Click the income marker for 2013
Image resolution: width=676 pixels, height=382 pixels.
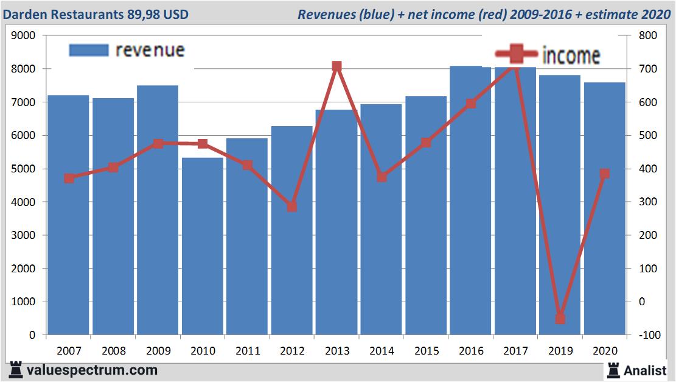coord(336,66)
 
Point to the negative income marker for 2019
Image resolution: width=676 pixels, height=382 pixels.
coord(560,319)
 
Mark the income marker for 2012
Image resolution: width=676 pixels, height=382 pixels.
coord(292,207)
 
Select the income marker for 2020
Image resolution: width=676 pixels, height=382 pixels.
coord(604,174)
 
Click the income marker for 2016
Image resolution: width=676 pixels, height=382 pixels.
coord(470,104)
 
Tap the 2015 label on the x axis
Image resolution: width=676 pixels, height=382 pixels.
coord(426,352)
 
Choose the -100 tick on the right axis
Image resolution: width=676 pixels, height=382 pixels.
coord(644,335)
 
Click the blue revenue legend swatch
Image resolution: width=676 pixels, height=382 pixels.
coord(89,51)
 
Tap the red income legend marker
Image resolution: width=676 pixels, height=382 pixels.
coord(516,54)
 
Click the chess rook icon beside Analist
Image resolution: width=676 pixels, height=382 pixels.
coord(613,369)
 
